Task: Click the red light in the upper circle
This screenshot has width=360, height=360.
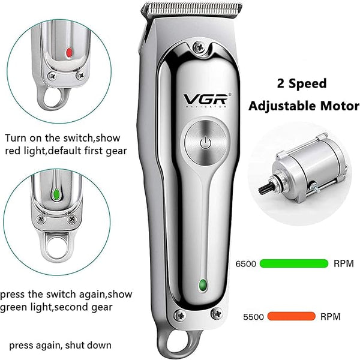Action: (x=69, y=53)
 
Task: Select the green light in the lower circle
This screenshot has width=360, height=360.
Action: (x=56, y=194)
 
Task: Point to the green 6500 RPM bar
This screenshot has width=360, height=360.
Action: (x=294, y=263)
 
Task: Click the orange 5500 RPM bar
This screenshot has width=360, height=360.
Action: (x=292, y=316)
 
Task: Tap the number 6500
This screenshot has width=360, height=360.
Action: (x=245, y=264)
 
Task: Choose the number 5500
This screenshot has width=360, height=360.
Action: (x=253, y=317)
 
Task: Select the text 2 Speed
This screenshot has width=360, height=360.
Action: (x=302, y=83)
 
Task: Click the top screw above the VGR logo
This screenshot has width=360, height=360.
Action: (x=199, y=47)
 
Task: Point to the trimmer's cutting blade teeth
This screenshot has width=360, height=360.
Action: (x=192, y=10)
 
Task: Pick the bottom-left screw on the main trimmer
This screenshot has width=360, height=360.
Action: (x=180, y=315)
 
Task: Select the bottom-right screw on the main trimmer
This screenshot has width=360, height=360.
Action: (x=216, y=313)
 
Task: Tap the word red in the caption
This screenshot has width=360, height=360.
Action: (x=13, y=151)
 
